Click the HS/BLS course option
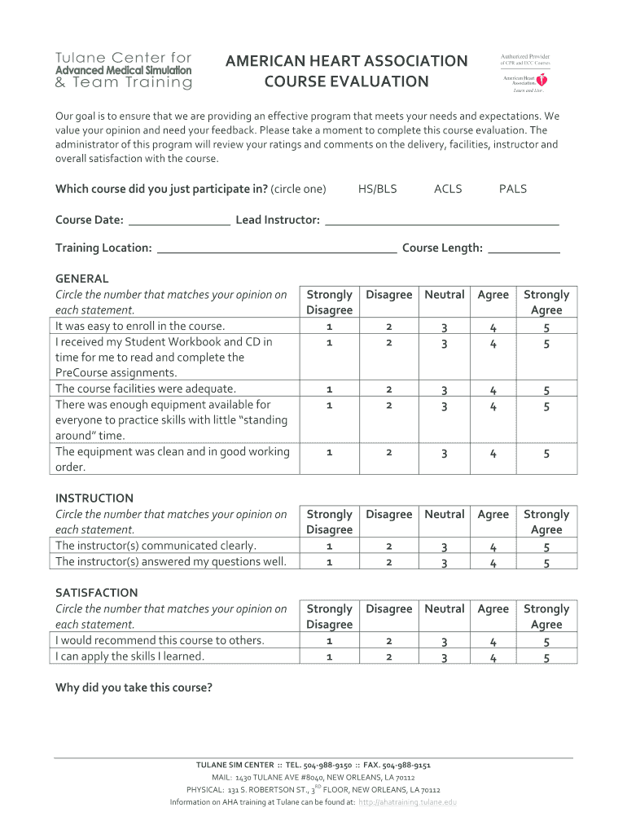click(378, 189)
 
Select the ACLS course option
click(448, 189)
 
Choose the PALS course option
click(513, 189)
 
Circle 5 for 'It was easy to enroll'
click(546, 328)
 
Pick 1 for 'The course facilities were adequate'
click(329, 389)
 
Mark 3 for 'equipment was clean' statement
click(444, 454)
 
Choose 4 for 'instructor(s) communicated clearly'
click(493, 548)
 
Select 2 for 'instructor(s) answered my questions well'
click(388, 562)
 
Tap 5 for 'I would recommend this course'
click(546, 643)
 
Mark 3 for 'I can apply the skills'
click(444, 658)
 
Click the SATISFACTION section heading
click(96, 593)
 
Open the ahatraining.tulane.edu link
click(407, 802)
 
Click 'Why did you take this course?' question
click(134, 688)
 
